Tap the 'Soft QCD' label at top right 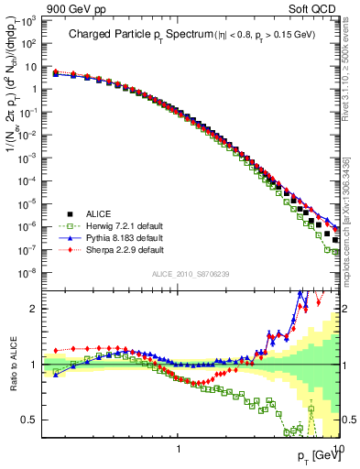316,8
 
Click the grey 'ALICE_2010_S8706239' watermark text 191,274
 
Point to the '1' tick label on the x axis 178,448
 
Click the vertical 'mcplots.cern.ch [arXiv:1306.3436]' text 352,220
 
